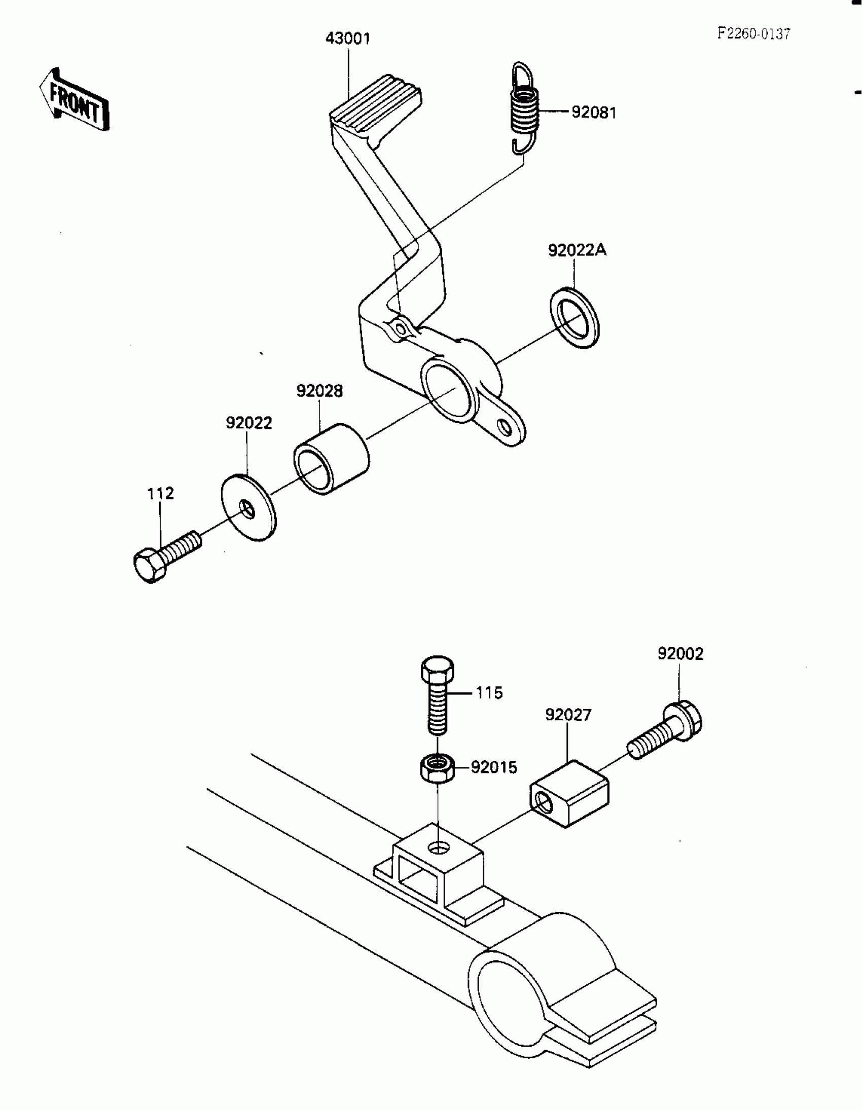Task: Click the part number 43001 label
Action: tap(348, 39)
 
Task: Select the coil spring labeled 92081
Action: tap(524, 109)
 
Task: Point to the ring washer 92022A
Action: tap(574, 318)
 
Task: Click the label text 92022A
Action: tap(577, 250)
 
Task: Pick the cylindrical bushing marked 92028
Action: tap(331, 459)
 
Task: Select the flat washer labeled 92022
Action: tap(248, 507)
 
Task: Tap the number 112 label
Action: tap(160, 494)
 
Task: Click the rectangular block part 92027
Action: tap(569, 795)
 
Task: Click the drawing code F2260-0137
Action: tap(753, 34)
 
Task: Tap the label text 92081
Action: tap(593, 113)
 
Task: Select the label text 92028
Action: tap(319, 391)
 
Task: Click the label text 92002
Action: tap(680, 654)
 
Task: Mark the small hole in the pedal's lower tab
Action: tap(506, 427)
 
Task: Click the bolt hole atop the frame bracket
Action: tap(439, 848)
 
